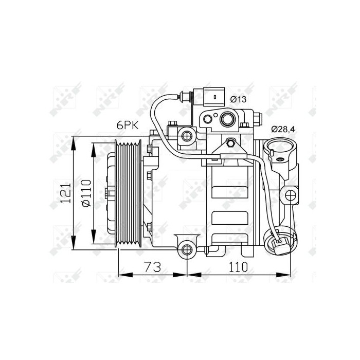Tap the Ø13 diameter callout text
click(x=238, y=99)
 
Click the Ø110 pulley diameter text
click(x=85, y=193)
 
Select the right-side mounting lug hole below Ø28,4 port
click(x=291, y=195)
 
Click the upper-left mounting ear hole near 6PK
click(x=186, y=136)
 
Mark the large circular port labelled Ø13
click(x=226, y=120)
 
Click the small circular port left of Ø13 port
click(x=208, y=120)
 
